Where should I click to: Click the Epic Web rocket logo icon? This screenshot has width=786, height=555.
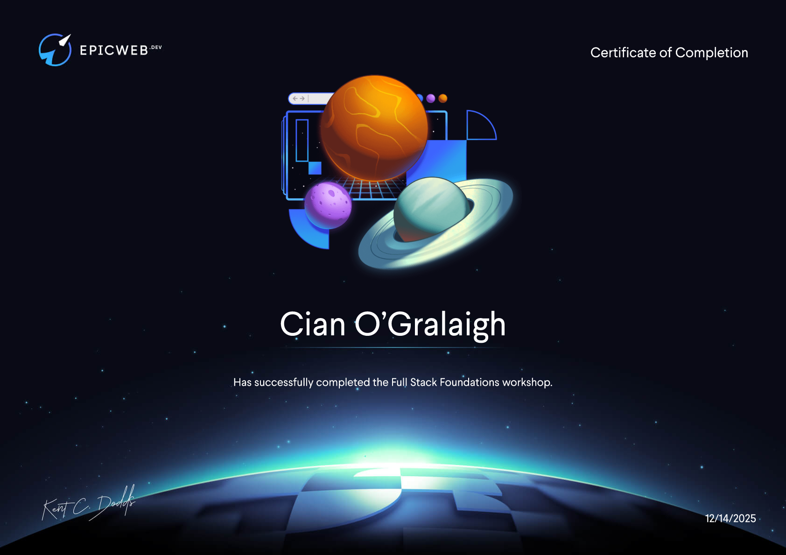tap(55, 50)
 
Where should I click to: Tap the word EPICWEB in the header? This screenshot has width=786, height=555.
tap(114, 50)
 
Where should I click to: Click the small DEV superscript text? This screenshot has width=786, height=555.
tap(156, 47)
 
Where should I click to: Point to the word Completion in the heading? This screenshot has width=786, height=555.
tap(712, 53)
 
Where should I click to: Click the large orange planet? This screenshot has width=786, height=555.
tap(374, 128)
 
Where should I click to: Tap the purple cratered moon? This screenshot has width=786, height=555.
tap(328, 205)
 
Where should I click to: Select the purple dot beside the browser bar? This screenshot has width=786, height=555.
tap(430, 98)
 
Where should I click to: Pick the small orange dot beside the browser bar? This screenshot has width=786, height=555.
tap(443, 98)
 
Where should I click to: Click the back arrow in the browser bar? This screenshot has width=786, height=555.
tap(295, 98)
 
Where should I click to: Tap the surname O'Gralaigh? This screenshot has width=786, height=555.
tap(430, 326)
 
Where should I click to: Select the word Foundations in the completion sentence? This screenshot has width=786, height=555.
tap(470, 382)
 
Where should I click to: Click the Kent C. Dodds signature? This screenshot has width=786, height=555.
tap(88, 503)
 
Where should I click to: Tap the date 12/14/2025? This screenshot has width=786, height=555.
tap(730, 518)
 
